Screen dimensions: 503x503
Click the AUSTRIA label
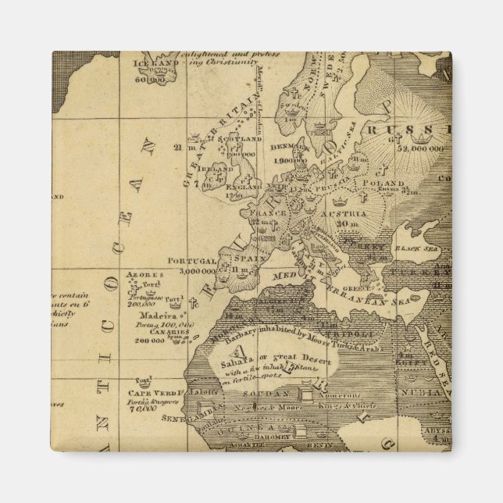pos(346,212)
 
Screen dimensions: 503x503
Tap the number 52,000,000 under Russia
pos(420,148)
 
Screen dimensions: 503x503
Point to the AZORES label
pos(144,275)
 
